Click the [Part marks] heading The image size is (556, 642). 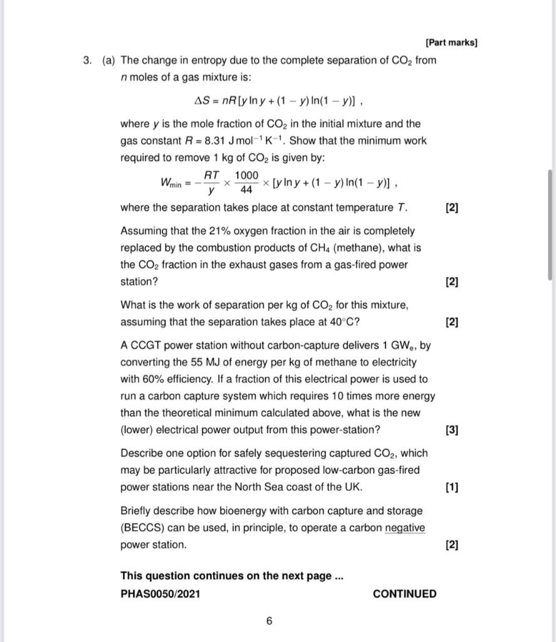pyautogui.click(x=451, y=43)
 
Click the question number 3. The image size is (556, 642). pyautogui.click(x=87, y=61)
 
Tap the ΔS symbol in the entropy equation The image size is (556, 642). pyautogui.click(x=202, y=100)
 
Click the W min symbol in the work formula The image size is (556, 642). pyautogui.click(x=170, y=183)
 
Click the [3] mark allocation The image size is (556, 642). pyautogui.click(x=451, y=430)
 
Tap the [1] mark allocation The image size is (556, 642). pyautogui.click(x=451, y=487)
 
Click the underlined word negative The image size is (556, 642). pyautogui.click(x=404, y=528)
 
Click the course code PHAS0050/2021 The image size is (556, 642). pyautogui.click(x=160, y=594)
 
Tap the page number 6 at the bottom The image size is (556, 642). pyautogui.click(x=269, y=621)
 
